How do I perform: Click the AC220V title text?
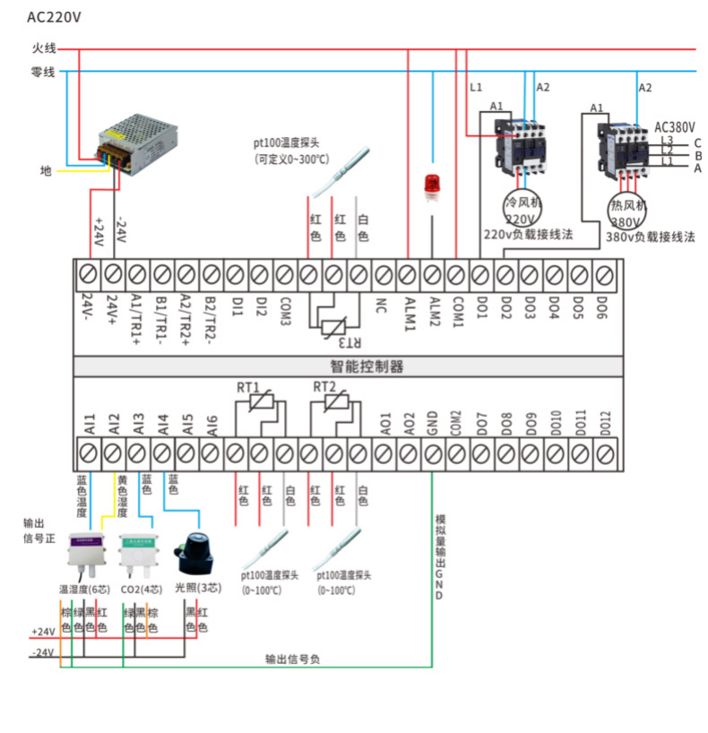click(55, 17)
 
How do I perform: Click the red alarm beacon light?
click(433, 185)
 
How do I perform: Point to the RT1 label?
click(248, 387)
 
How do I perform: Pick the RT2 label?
click(324, 387)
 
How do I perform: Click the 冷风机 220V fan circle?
click(523, 209)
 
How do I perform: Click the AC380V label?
click(677, 126)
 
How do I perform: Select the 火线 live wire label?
click(43, 48)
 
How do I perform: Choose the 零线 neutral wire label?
click(43, 71)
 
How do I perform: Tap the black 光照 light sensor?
click(195, 553)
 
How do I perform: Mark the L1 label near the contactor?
click(476, 87)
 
